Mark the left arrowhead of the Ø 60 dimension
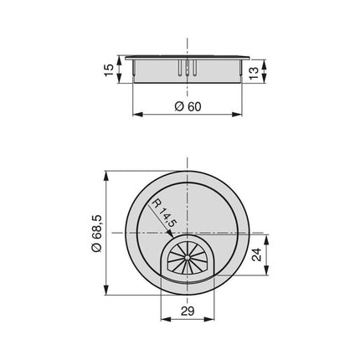(x=137, y=115)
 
